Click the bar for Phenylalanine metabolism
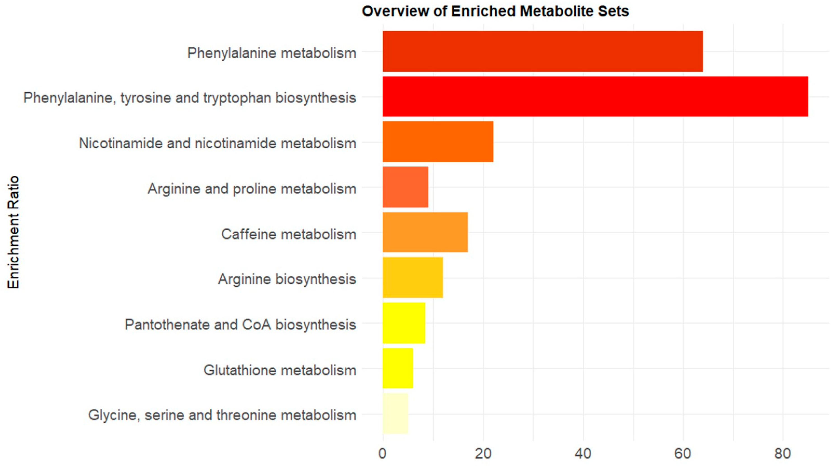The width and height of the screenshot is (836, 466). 543,51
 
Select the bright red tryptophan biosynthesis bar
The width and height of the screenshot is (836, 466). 595,97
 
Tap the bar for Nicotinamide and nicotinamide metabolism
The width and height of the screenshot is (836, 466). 438,142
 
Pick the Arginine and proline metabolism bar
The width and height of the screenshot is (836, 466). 405,187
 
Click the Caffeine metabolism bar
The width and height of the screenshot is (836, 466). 425,232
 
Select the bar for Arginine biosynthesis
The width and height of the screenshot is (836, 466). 413,277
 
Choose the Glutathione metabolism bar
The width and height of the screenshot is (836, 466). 398,368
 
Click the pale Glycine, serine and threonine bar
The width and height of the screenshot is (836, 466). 395,413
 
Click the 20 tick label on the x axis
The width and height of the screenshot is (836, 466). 483,454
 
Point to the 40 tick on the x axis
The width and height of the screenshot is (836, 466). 583,454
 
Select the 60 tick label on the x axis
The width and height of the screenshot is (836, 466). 683,454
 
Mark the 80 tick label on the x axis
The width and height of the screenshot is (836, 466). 782,454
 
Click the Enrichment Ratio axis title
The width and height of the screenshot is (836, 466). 14,232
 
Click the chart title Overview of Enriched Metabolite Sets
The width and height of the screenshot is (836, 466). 495,11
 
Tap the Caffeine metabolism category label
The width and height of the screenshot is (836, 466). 289,234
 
